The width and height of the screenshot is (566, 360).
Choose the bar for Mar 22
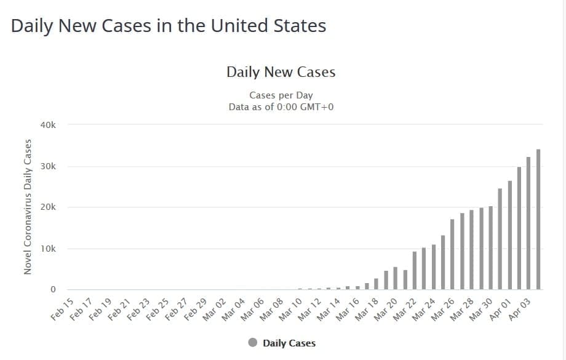414,270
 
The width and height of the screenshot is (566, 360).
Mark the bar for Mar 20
395,278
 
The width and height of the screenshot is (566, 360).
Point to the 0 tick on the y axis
53,289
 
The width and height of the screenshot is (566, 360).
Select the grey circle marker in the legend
253,343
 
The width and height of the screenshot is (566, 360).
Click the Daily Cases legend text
289,343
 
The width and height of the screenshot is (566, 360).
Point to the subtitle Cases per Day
281,95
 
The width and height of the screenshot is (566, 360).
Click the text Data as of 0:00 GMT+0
281,106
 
